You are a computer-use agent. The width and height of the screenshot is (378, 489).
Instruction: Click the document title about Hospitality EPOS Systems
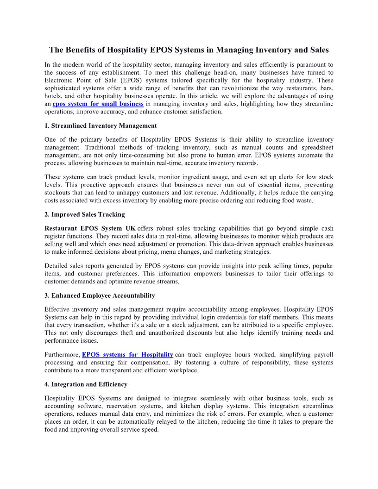coord(189,50)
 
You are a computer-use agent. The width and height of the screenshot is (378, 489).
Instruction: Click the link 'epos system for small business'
coord(98,104)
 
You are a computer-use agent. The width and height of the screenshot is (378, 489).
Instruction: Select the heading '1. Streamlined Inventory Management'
coord(101,125)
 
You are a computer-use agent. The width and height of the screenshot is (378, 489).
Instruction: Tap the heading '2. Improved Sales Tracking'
coord(85,214)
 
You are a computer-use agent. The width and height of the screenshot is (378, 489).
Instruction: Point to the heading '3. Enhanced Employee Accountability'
coord(100,295)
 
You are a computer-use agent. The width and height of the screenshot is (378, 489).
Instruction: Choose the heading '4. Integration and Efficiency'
coord(86,384)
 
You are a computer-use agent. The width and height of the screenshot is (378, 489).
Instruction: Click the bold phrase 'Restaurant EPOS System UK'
coord(90,229)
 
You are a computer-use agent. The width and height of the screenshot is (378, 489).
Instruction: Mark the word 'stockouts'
coord(58,192)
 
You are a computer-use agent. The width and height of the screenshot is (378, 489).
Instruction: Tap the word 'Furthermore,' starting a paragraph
coord(62,355)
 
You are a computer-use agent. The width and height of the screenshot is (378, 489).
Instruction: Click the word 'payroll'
coord(322,355)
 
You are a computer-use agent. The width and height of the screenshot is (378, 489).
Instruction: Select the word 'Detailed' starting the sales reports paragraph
coord(57,266)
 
